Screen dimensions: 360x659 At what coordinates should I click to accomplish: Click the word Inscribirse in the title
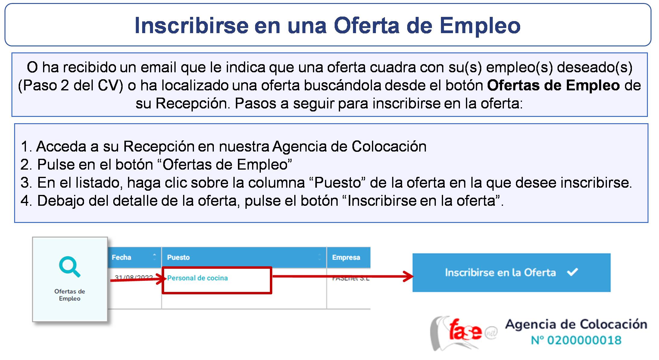pyautogui.click(x=191, y=26)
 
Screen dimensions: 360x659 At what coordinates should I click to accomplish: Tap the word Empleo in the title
pyautogui.click(x=480, y=26)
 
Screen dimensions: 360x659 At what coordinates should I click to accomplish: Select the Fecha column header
pyautogui.click(x=121, y=258)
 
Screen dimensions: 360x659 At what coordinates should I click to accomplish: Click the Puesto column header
pyautogui.click(x=178, y=258)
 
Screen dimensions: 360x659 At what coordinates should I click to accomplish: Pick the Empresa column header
pyautogui.click(x=346, y=258)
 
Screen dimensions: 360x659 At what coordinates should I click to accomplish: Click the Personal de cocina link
pyautogui.click(x=197, y=278)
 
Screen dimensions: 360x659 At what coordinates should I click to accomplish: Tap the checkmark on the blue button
pyautogui.click(x=572, y=272)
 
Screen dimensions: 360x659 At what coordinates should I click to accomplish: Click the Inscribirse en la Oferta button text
pyautogui.click(x=500, y=273)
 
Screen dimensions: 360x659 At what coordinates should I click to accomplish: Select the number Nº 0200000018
pyautogui.click(x=576, y=340)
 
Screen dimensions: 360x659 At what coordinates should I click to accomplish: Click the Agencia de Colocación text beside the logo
pyautogui.click(x=576, y=324)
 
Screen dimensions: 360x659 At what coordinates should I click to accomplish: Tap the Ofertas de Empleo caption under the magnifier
pyautogui.click(x=70, y=295)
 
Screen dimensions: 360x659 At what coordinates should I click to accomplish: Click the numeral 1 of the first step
pyautogui.click(x=25, y=147)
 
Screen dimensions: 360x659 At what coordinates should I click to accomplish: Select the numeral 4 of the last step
pyautogui.click(x=25, y=201)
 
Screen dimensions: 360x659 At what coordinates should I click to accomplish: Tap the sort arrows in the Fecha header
pyautogui.click(x=155, y=257)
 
